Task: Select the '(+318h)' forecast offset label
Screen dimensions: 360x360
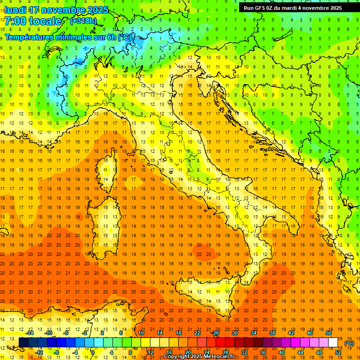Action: pos(83,21)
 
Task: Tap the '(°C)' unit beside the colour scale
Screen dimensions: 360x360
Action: pos(349,343)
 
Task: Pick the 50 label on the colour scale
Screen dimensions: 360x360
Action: pos(328,332)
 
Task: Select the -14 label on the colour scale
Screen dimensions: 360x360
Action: pos(30,332)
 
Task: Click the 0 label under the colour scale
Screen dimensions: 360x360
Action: pos(93,352)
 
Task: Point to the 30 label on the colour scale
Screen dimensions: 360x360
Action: pos(235,332)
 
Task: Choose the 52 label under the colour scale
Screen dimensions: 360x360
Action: pos(337,352)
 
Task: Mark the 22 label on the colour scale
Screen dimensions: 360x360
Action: pos(197,332)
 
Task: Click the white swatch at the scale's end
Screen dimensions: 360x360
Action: pos(333,342)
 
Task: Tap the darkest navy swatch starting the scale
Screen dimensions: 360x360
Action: pos(23,342)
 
